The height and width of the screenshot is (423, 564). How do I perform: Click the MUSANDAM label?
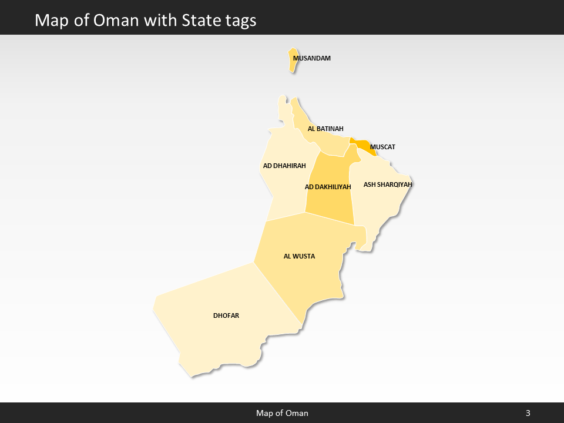(312, 58)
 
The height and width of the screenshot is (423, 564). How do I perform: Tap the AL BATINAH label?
(325, 129)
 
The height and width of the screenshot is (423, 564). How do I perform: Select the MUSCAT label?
(382, 146)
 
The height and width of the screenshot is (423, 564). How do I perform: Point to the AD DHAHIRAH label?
(284, 166)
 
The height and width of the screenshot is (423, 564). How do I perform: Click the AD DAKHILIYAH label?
(328, 187)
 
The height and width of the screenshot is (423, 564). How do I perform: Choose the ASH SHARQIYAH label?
(388, 184)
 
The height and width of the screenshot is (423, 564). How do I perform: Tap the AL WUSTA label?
(300, 256)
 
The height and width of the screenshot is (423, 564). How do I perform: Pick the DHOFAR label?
(226, 315)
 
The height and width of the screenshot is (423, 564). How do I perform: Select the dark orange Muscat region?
(361, 145)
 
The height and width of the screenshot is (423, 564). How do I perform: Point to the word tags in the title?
(240, 21)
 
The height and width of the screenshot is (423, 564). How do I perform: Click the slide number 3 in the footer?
(528, 413)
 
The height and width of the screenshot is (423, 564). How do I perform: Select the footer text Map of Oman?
(282, 413)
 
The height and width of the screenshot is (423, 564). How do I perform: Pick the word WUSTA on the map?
(304, 256)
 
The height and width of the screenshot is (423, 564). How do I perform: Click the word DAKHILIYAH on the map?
(333, 187)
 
